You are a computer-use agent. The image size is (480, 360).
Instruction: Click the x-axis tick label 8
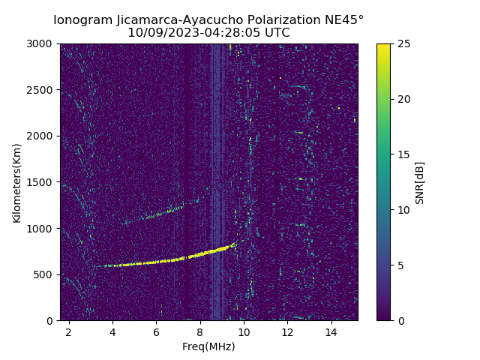[x=200, y=331]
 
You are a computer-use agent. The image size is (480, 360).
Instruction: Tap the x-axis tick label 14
[x=331, y=331]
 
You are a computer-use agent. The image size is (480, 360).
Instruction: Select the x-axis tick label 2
[x=69, y=331]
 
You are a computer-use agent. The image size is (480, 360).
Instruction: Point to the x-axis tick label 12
[x=287, y=331]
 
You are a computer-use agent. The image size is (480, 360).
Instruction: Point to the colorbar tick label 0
[x=400, y=320]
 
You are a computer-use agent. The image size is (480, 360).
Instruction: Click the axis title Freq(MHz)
[x=208, y=346]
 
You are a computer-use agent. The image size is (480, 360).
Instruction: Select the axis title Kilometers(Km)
[x=17, y=182]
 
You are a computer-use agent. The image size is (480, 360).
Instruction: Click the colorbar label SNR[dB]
[x=420, y=182]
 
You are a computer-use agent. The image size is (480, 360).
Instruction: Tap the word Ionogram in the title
[x=84, y=20]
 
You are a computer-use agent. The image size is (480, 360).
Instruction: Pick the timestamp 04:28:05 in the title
[x=238, y=33]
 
